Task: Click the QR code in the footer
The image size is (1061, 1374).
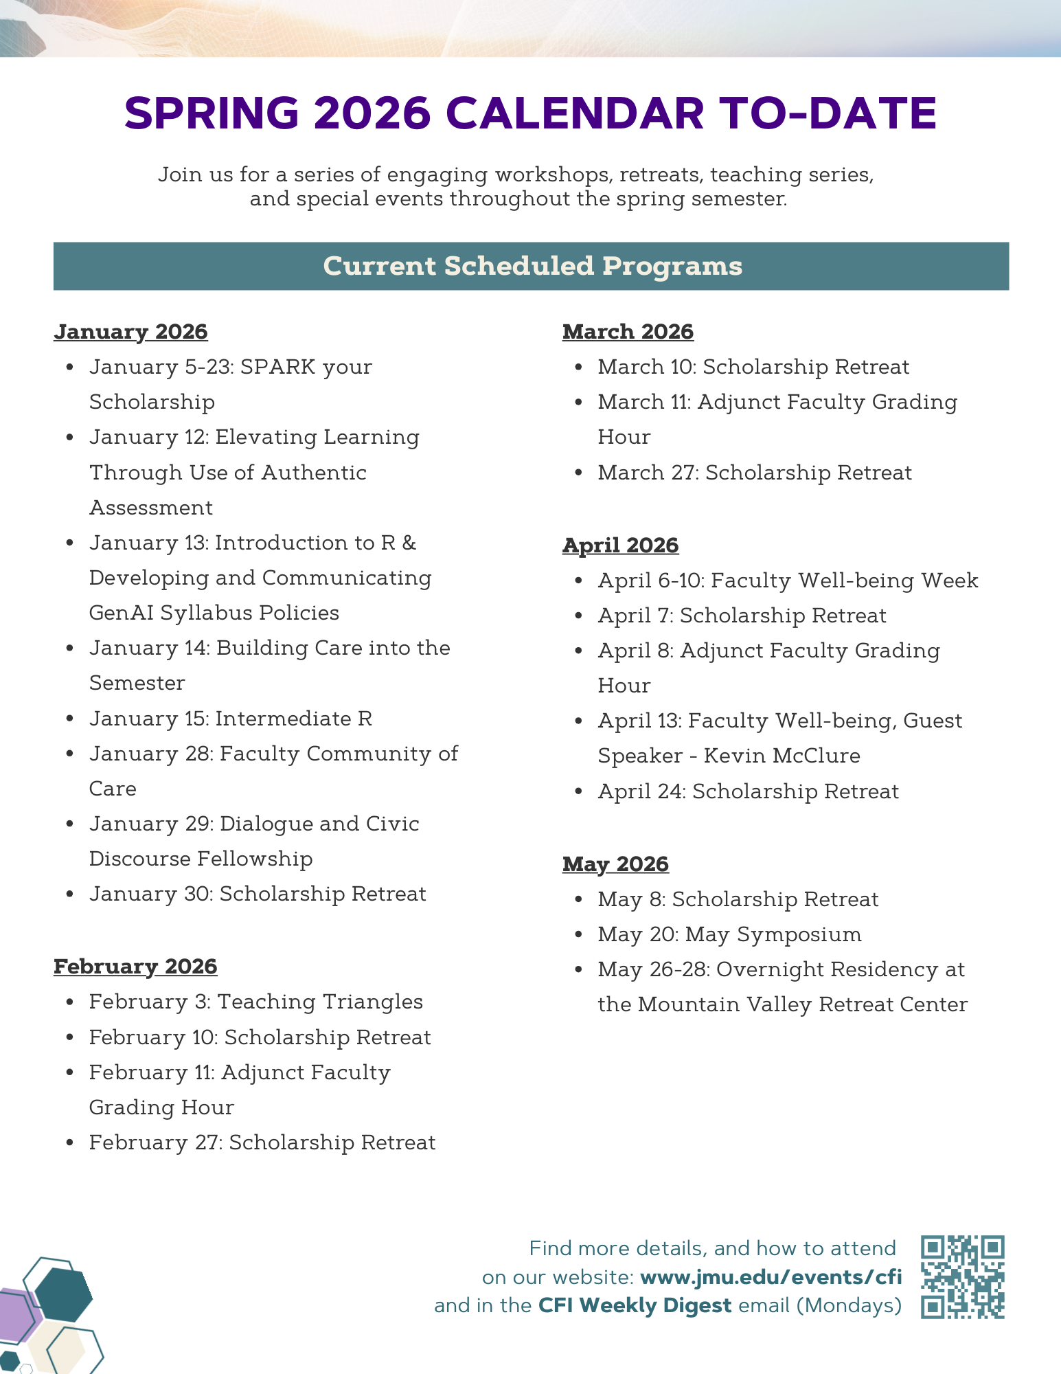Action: (x=963, y=1277)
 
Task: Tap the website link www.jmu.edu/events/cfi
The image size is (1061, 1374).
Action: (x=771, y=1277)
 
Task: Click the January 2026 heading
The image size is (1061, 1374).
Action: (x=130, y=332)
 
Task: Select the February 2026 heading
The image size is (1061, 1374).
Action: (x=135, y=967)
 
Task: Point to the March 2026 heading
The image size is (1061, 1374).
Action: (x=628, y=332)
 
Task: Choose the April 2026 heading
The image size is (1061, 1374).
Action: (x=620, y=545)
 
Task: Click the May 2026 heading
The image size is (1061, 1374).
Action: (x=615, y=864)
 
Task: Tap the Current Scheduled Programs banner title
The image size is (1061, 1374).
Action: (x=532, y=267)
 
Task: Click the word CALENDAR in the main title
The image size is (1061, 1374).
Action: (x=575, y=113)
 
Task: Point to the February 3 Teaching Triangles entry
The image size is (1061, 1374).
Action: (x=255, y=1002)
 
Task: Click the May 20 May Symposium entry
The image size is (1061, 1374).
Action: (x=729, y=934)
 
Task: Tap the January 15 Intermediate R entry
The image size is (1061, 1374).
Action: (x=231, y=719)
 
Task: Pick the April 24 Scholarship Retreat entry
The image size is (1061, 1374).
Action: (x=748, y=791)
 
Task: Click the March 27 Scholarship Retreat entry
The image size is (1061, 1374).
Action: (x=755, y=473)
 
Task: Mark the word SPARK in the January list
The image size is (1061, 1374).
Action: (x=278, y=367)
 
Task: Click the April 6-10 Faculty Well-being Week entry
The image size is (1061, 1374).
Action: (x=788, y=581)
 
